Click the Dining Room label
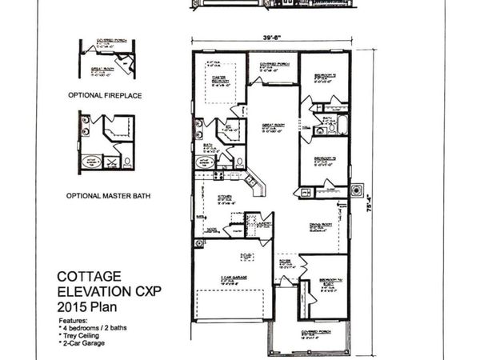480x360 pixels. tap(321, 228)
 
